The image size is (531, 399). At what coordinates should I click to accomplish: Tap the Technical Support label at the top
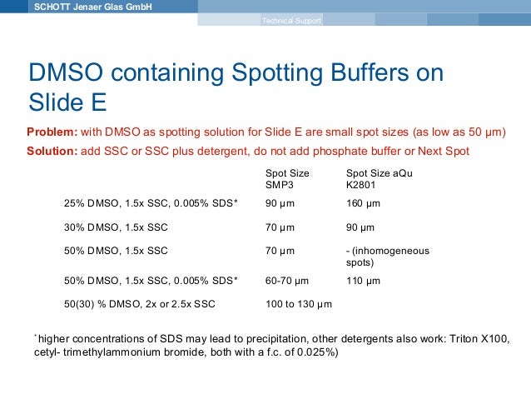290,20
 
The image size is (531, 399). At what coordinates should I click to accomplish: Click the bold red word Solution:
54,150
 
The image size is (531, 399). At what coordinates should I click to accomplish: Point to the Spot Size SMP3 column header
287,178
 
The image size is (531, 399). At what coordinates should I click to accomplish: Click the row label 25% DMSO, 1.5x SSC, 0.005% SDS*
151,202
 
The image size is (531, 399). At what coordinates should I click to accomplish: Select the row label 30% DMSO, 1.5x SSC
116,227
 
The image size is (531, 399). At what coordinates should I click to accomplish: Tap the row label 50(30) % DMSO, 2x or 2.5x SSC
139,304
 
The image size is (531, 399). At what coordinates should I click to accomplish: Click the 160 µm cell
363,202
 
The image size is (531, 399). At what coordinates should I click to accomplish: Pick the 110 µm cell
363,281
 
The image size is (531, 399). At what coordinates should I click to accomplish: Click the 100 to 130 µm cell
298,304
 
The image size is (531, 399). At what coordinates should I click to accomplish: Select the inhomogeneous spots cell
393,256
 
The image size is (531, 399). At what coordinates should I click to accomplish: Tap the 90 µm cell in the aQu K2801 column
360,227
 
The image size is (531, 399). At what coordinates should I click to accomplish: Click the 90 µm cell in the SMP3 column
280,202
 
